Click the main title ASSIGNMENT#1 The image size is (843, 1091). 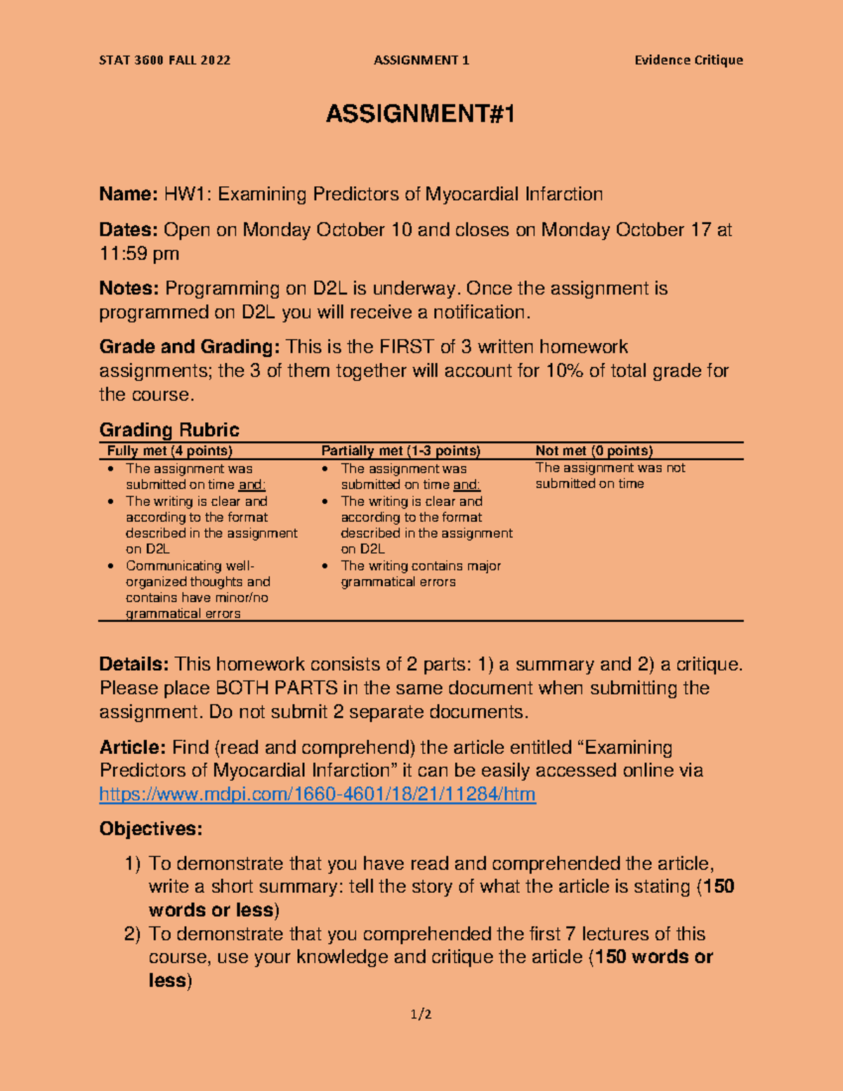point(420,114)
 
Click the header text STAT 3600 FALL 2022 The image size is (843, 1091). point(164,60)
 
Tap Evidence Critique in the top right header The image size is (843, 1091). point(688,60)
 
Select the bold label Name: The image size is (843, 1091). point(129,194)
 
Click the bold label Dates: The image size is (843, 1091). point(129,230)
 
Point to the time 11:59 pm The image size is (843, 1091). point(139,254)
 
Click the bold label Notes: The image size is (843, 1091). point(129,288)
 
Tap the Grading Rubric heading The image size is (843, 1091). point(169,430)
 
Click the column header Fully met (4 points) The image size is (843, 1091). point(169,451)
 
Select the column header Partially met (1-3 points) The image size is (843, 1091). point(400,451)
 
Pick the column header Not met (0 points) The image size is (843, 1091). point(594,451)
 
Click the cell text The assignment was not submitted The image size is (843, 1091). point(609,476)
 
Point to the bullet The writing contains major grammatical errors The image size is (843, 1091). point(420,573)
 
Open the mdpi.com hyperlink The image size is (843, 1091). point(318,794)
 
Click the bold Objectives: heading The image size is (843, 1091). point(150,829)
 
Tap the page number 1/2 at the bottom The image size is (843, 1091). point(421,1014)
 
